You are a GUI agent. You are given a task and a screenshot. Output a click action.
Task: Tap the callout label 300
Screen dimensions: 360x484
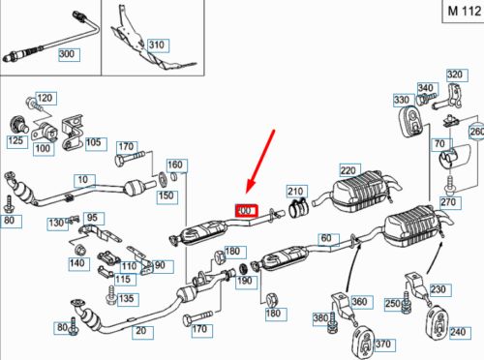click(x=68, y=53)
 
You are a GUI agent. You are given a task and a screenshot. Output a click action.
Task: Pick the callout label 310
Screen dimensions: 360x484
click(x=156, y=45)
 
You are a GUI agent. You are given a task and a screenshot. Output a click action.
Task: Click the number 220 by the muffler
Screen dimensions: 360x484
click(x=348, y=168)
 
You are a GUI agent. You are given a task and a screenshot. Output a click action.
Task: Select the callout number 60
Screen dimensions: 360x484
click(x=325, y=238)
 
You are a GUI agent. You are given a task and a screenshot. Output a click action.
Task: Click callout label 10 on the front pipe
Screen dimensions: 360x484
click(x=81, y=180)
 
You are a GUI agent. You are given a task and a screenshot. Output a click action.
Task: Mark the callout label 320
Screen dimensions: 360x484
click(x=454, y=75)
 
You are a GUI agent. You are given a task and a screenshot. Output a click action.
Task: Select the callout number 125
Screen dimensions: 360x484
click(x=15, y=142)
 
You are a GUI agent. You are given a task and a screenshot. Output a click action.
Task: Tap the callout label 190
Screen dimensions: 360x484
click(x=245, y=281)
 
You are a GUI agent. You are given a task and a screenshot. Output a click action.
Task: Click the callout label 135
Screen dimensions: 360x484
click(x=127, y=299)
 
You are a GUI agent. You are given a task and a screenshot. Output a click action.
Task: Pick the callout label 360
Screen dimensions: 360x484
click(x=360, y=302)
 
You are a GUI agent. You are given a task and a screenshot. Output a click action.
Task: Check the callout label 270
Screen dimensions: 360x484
click(x=446, y=204)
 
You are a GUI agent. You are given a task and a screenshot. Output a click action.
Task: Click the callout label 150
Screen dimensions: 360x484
click(x=166, y=196)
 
